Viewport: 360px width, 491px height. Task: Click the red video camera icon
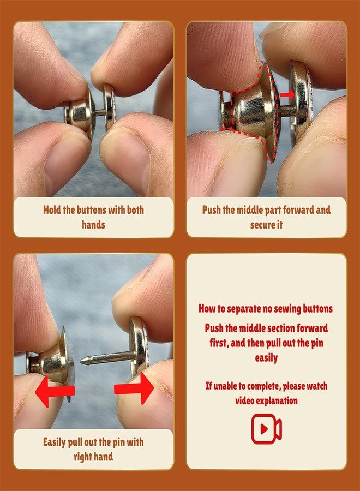coord(266,428)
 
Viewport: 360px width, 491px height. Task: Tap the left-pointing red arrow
coord(55,391)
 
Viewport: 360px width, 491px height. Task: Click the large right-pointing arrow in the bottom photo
coord(134,388)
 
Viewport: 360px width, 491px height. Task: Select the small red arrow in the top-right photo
coord(287,94)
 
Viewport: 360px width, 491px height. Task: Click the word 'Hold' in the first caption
coord(52,210)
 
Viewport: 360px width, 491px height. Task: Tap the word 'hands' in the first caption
coord(93,225)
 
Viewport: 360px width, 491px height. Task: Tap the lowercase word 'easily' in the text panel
coord(266,358)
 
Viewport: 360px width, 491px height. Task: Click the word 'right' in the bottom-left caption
coord(83,457)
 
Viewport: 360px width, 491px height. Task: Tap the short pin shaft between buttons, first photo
coord(100,112)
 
